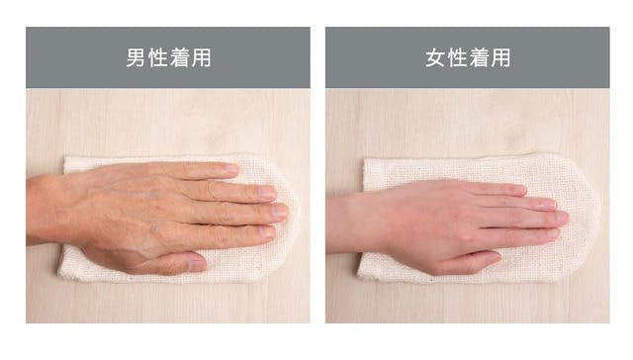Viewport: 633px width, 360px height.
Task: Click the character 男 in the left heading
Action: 136,57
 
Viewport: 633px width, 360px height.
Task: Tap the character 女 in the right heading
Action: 435,57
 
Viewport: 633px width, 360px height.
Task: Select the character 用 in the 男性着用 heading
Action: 202,57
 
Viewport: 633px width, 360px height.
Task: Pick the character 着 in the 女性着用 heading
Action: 479,57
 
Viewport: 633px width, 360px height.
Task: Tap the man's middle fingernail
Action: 280,212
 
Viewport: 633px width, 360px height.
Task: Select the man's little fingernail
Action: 231,168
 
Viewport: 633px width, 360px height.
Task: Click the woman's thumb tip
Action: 496,256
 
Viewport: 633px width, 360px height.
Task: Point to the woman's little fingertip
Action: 521,190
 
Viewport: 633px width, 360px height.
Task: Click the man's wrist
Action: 45,210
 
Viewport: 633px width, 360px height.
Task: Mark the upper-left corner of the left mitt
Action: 65,158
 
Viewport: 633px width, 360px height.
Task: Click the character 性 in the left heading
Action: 157,57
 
